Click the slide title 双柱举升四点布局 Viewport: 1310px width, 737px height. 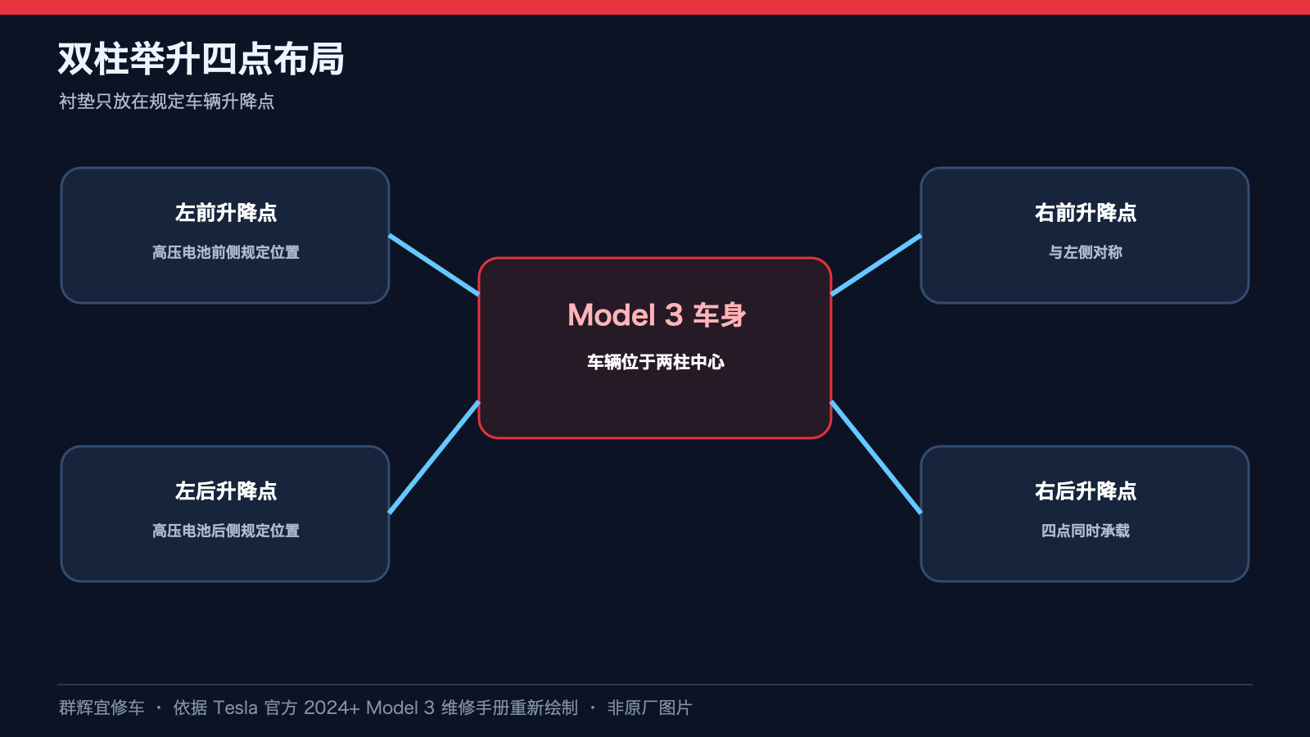point(201,59)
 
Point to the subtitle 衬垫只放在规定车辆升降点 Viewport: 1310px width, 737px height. point(166,102)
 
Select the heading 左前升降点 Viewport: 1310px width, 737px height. point(226,212)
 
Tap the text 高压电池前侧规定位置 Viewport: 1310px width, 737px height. point(226,252)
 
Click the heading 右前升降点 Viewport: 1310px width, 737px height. point(1086,212)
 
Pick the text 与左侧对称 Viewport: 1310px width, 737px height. point(1086,252)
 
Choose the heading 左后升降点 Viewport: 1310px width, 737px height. point(226,491)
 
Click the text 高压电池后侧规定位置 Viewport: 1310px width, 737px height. point(226,531)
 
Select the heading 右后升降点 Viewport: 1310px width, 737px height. point(1086,491)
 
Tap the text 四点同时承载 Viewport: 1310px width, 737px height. point(1086,531)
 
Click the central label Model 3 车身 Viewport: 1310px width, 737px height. point(656,314)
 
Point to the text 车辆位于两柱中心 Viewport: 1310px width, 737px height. point(656,362)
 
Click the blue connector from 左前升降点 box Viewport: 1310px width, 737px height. point(434,265)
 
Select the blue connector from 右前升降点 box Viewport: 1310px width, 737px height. point(876,265)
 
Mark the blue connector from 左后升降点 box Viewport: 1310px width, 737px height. point(434,458)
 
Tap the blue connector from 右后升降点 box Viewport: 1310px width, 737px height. point(876,458)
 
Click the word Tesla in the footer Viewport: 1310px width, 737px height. point(235,708)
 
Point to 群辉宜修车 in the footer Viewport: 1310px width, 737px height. point(102,708)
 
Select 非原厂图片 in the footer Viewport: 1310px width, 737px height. point(650,708)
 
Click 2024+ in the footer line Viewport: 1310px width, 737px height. point(332,708)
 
